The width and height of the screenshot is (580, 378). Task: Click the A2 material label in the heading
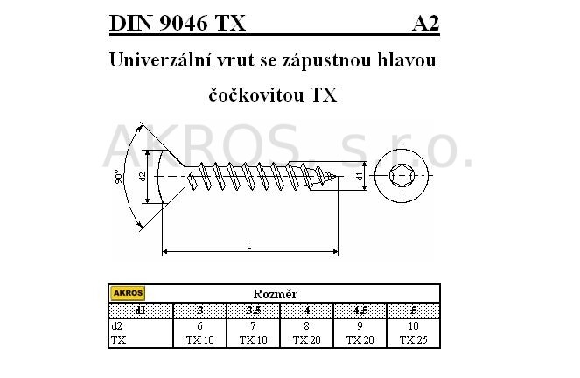tap(425, 24)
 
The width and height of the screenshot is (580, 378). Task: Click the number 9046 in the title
tap(184, 24)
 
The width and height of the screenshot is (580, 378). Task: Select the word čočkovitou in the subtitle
tap(256, 94)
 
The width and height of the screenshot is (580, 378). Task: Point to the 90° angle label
tap(118, 177)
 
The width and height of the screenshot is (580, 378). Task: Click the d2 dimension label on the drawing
tap(143, 177)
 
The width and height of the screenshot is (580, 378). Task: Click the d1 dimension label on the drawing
tap(360, 176)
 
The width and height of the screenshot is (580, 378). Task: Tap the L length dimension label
tap(249, 247)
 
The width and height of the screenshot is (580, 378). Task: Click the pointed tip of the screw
tap(338, 177)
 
